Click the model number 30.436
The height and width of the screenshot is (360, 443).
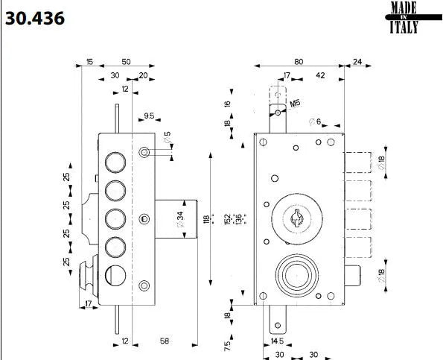[35, 17]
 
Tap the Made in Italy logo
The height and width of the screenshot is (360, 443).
[404, 18]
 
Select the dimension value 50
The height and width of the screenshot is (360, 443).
[126, 62]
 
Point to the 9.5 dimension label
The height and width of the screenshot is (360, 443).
[149, 116]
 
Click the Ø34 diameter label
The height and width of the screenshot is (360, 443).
[180, 219]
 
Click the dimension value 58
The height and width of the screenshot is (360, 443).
[166, 341]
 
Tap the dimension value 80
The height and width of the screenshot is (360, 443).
[298, 62]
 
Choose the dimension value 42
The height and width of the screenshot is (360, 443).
[319, 75]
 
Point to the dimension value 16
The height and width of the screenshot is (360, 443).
[228, 104]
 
